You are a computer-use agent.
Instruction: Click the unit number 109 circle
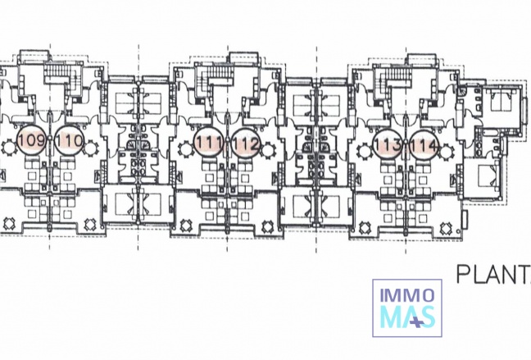30,142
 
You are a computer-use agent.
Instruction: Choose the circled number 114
424,145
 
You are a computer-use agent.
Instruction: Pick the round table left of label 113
364,150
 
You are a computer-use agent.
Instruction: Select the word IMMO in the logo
407,293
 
